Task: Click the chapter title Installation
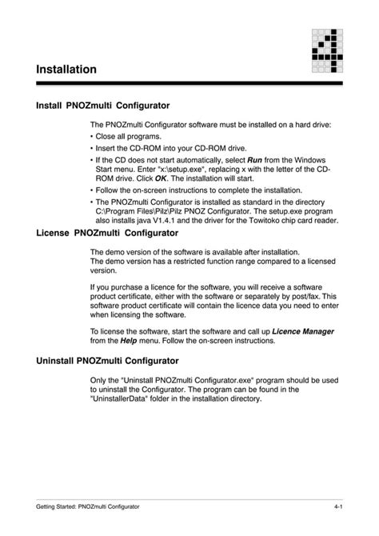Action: point(66,70)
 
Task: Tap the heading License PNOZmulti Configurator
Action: point(107,233)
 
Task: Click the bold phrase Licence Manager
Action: point(303,330)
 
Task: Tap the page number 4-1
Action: point(339,508)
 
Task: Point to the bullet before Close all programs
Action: point(92,137)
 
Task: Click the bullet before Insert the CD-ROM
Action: point(92,148)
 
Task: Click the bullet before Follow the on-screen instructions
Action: point(92,190)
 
